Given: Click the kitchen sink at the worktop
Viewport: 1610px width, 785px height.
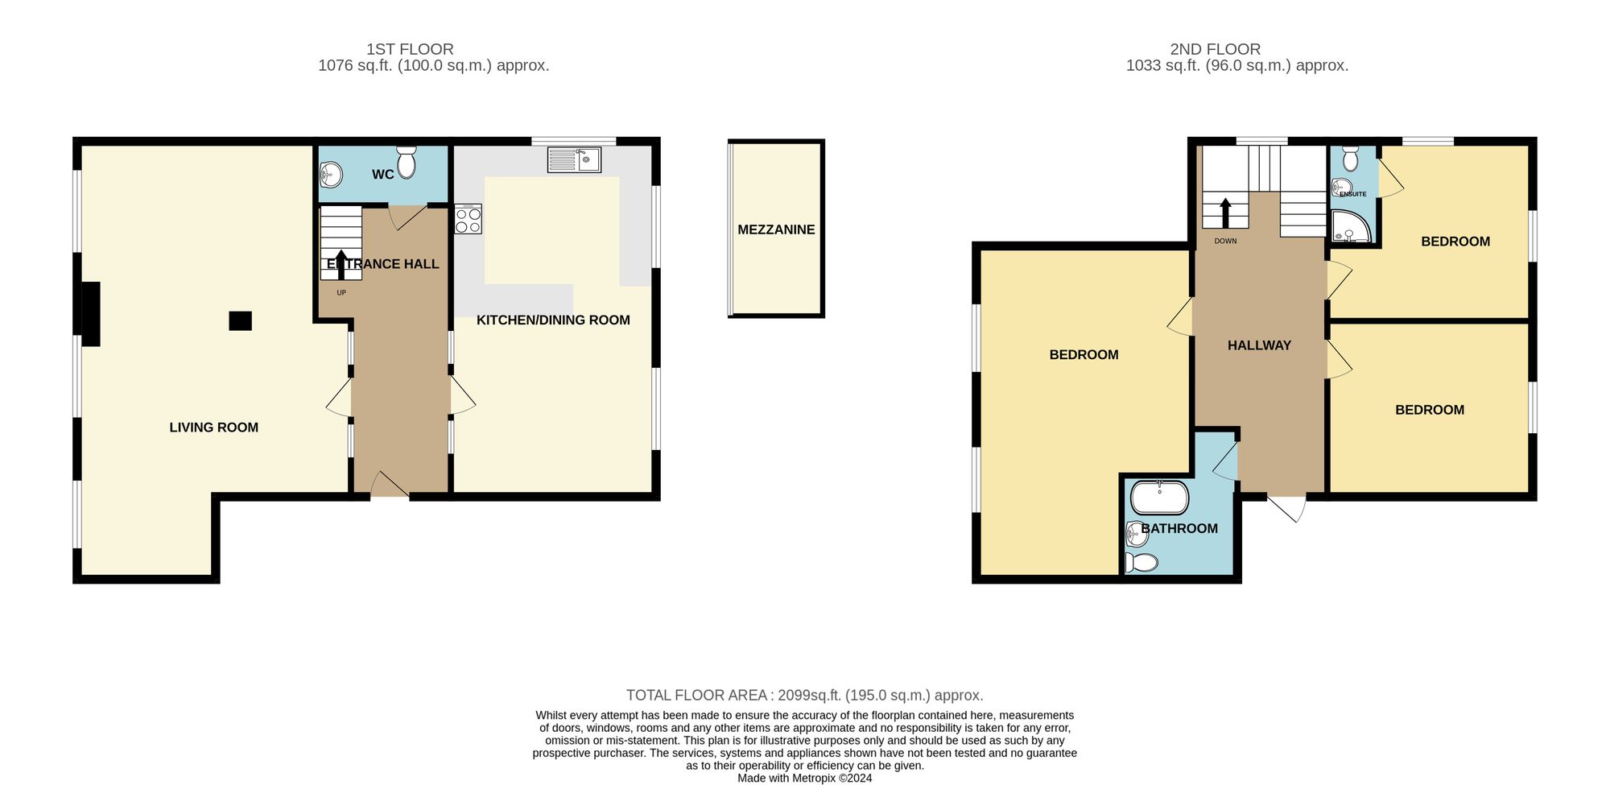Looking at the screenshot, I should pos(573,159).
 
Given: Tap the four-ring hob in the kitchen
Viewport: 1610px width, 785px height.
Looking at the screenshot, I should pos(468,220).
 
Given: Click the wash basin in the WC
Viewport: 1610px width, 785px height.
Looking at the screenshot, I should pos(331,174).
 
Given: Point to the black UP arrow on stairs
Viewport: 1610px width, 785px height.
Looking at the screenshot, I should pos(341,263).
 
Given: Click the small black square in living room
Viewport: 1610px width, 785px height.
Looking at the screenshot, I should pos(240,320).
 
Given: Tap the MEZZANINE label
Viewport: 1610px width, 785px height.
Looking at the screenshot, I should pos(776,229).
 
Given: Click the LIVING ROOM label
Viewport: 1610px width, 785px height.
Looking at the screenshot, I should pos(213,428).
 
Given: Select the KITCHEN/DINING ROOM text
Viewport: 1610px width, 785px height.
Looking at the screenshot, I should pos(553,320).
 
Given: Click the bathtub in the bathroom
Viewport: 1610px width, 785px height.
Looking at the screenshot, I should pos(1159,498).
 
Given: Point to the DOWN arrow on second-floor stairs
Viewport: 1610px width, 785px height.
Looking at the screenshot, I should pos(1225,213).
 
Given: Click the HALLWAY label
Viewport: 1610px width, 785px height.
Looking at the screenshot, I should pos(1259,345).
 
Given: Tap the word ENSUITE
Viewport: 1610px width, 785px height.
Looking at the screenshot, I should pos(1353,194).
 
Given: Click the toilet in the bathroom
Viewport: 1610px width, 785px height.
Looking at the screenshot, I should pos(1141,561).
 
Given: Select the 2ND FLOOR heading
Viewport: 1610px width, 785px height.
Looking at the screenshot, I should pos(1215,49).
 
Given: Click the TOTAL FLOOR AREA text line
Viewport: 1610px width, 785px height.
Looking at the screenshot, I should pos(804,695).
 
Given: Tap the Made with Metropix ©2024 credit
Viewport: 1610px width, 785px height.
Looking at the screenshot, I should pos(804,778).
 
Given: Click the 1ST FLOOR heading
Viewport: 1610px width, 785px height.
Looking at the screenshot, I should pos(410,49).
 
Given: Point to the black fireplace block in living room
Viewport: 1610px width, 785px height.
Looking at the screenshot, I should pos(90,313).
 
